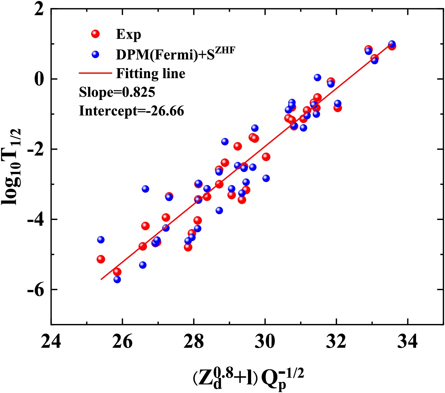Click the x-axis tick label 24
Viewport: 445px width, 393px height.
[x=51, y=342]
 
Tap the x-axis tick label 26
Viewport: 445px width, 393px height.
[x=122, y=342]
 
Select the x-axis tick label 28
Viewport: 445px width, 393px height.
[x=194, y=342]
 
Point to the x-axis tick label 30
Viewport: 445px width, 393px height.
[x=265, y=342]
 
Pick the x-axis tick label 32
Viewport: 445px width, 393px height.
[x=336, y=342]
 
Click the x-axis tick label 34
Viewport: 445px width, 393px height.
[x=407, y=342]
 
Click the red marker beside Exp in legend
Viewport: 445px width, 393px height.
[x=95, y=34]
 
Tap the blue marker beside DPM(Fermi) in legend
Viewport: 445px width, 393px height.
[x=95, y=54]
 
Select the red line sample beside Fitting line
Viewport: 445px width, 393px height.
[x=95, y=73]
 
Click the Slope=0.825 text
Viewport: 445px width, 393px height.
[x=117, y=92]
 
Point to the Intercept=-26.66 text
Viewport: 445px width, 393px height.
[x=131, y=111]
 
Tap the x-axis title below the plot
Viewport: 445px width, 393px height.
[x=248, y=378]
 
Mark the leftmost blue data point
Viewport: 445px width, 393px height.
[x=101, y=239]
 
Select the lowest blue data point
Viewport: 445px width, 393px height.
[x=117, y=279]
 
